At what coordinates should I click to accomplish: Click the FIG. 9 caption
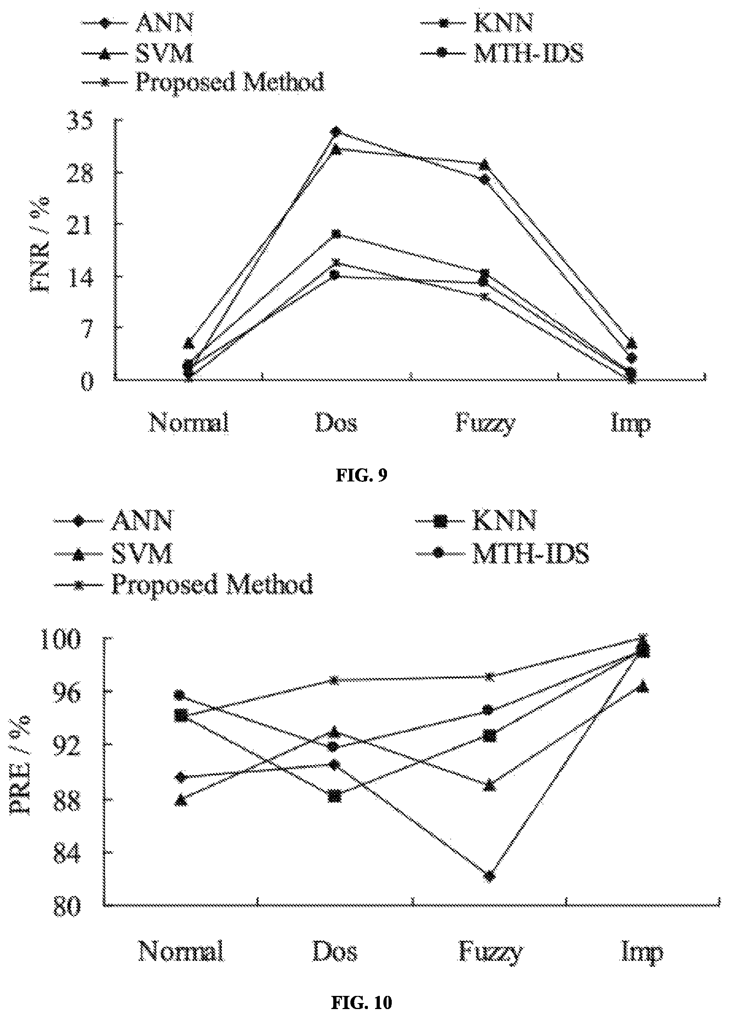coord(362,476)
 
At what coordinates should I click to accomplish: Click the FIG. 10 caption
coord(362,1002)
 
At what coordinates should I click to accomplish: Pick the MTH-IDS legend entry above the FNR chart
coord(502,53)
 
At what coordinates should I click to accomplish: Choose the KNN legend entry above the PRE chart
coord(476,520)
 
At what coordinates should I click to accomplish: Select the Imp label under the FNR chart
coord(630,423)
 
